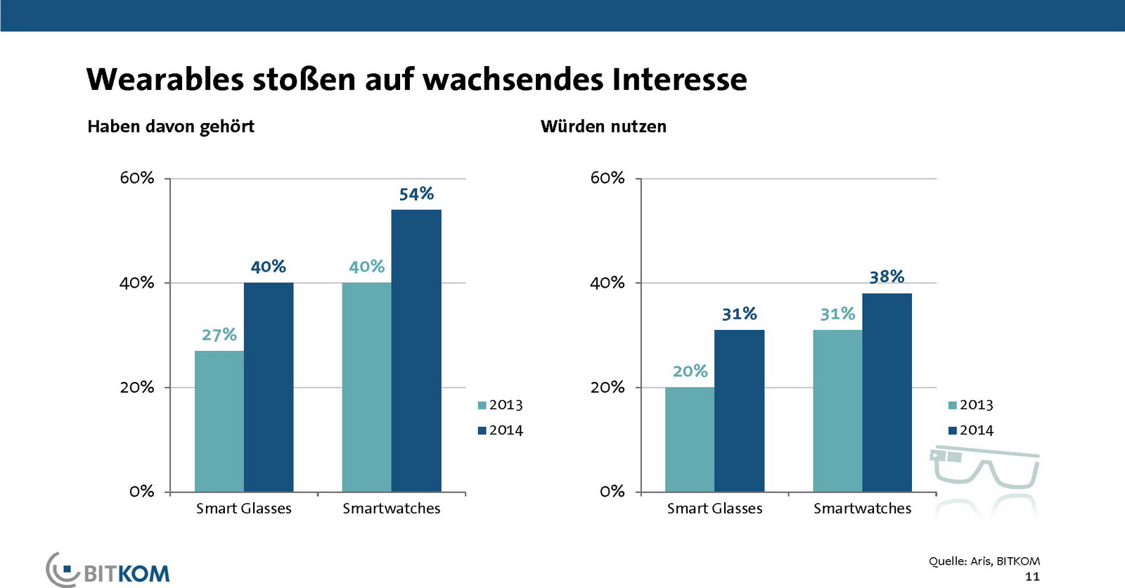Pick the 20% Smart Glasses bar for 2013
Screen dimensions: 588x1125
pyautogui.click(x=690, y=439)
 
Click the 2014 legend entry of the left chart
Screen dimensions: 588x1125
pyautogui.click(x=501, y=430)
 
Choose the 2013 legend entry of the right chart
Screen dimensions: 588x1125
pyautogui.click(x=971, y=405)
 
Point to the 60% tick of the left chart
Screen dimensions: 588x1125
pyautogui.click(x=137, y=178)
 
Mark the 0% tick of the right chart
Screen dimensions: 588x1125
pyautogui.click(x=612, y=492)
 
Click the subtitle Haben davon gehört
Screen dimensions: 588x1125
pyautogui.click(x=171, y=127)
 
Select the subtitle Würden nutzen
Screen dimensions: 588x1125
pyautogui.click(x=603, y=127)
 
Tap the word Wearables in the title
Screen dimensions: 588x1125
pyautogui.click(x=165, y=79)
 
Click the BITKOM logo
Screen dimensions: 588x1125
pyautogui.click(x=109, y=570)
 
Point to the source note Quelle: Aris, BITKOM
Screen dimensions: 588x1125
pyautogui.click(x=984, y=561)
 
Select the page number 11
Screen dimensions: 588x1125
pyautogui.click(x=1031, y=577)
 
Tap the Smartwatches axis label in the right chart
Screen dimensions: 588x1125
pyautogui.click(x=862, y=509)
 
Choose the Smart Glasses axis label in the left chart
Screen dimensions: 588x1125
pyautogui.click(x=243, y=509)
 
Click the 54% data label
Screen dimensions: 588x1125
pyautogui.click(x=416, y=194)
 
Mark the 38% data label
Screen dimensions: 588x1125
pyautogui.click(x=887, y=277)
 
